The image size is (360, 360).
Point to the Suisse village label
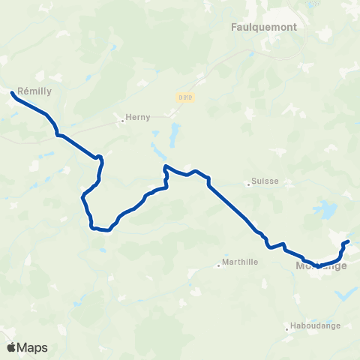click(x=265, y=181)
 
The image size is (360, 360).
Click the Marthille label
click(x=241, y=263)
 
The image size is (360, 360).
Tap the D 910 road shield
click(x=185, y=96)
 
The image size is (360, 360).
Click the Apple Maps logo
click(x=27, y=347)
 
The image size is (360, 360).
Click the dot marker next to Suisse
click(x=249, y=182)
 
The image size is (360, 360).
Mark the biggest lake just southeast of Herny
click(x=174, y=136)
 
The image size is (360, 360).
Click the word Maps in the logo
click(x=33, y=348)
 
